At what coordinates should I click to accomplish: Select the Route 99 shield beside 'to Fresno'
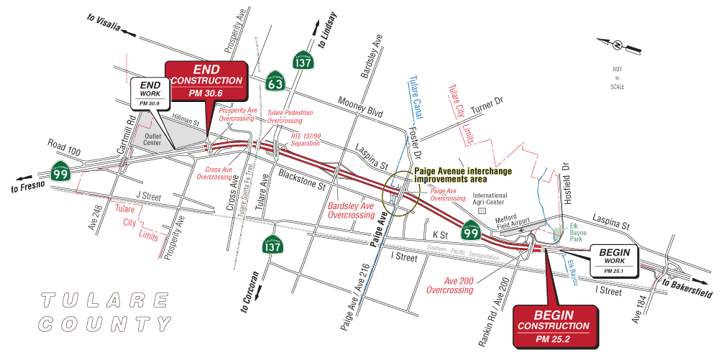[x=60, y=170]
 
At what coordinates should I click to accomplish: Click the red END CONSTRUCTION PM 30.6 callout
[x=206, y=80]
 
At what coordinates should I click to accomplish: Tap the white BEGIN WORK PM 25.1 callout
[x=615, y=260]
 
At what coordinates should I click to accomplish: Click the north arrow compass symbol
[x=617, y=45]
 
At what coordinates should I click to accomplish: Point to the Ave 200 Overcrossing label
[x=449, y=285]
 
